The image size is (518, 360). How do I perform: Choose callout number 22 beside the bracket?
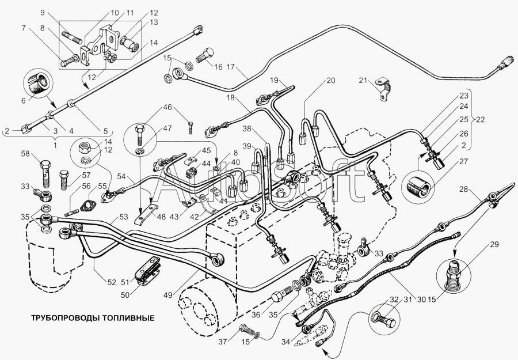click(x=480, y=120)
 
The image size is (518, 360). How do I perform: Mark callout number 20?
click(x=330, y=81)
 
